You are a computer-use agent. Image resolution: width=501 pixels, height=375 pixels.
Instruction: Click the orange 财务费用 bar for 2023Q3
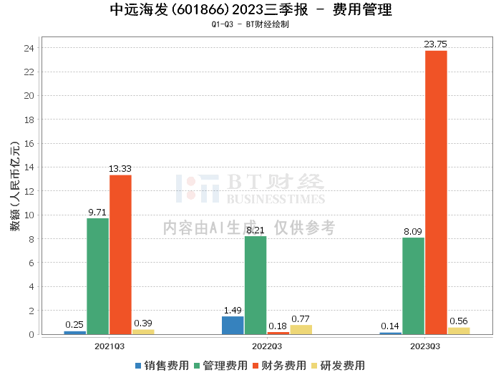(x=436, y=193)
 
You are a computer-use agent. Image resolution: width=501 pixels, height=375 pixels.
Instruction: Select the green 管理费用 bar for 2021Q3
(x=98, y=276)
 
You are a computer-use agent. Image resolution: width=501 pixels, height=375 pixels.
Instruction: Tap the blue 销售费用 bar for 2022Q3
(x=233, y=325)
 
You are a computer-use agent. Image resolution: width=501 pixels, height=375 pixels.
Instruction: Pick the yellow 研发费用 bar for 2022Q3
(x=301, y=330)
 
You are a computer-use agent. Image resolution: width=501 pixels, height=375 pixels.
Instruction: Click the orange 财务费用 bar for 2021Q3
(x=120, y=255)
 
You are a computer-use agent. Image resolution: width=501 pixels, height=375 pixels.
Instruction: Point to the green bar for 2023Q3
(x=414, y=286)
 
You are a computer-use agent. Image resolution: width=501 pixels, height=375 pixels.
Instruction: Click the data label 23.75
(x=435, y=44)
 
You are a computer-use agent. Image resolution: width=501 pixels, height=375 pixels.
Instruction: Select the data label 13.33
(x=120, y=169)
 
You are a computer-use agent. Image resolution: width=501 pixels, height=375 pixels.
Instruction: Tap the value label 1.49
(x=233, y=310)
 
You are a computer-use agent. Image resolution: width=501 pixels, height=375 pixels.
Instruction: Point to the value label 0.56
(x=459, y=321)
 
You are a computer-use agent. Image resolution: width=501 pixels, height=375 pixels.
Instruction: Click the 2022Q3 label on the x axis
(x=267, y=346)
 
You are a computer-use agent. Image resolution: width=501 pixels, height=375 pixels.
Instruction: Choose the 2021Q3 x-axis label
(x=110, y=346)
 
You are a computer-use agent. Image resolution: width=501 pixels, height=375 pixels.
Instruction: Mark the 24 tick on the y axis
(x=29, y=48)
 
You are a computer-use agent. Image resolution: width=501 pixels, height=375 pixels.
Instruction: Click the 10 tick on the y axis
(x=29, y=215)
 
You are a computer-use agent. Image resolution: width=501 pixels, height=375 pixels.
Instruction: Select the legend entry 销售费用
(x=162, y=366)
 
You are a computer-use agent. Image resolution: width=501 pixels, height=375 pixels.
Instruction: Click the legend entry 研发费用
(x=339, y=366)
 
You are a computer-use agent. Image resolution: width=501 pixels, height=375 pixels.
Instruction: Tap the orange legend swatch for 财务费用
(x=256, y=366)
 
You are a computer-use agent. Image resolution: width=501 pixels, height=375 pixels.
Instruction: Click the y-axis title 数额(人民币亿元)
(x=15, y=185)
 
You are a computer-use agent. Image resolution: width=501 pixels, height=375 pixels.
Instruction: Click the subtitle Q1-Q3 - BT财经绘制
(x=250, y=24)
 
